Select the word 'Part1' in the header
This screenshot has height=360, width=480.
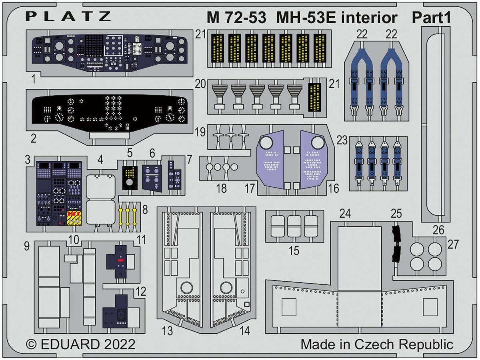432,18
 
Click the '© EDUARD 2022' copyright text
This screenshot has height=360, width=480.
80,344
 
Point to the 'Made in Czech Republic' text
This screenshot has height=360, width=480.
377,344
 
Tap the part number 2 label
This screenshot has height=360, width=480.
34,139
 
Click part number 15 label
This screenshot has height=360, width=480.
294,251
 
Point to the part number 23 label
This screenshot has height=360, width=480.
342,141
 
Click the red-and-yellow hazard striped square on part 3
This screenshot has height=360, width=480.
74,219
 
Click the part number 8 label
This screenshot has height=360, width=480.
144,209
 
